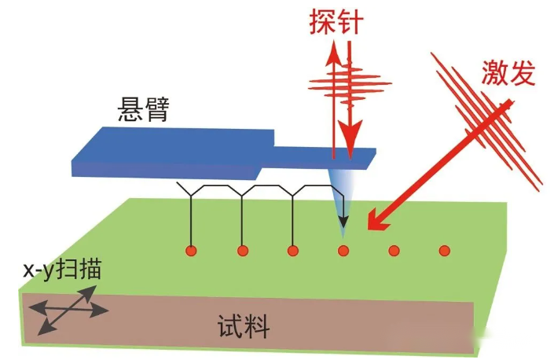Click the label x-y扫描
(x=61, y=273)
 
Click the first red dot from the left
(x=190, y=251)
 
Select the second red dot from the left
(x=242, y=251)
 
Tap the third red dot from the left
(x=293, y=251)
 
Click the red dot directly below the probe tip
(x=343, y=251)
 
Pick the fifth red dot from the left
(x=394, y=251)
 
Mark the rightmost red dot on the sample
(x=445, y=251)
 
